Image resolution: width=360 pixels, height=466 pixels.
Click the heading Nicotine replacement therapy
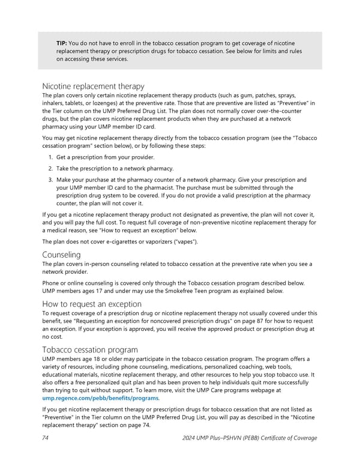pyautogui.click(x=93, y=86)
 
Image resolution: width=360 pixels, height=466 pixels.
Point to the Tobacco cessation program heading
pyautogui.click(x=90, y=349)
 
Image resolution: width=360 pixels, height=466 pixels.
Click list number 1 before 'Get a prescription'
pyautogui.click(x=50, y=157)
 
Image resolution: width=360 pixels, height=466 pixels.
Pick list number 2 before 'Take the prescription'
pyautogui.click(x=50, y=169)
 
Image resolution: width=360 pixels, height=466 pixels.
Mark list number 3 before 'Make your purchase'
pyautogui.click(x=50, y=180)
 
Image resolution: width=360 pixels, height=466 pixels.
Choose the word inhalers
pyautogui.click(x=55, y=104)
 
